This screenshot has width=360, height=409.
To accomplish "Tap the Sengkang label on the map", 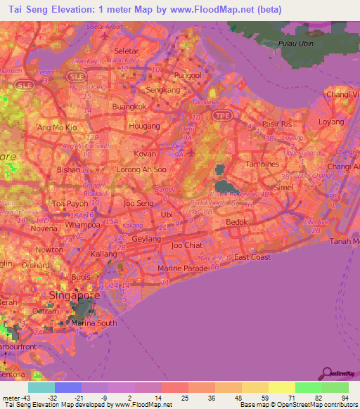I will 162,90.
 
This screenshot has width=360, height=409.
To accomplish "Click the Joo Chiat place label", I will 186,245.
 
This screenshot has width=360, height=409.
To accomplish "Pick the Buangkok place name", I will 130,108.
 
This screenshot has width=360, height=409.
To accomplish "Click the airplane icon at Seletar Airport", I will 105,34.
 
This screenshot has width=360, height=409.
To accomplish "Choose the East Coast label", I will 252,257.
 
